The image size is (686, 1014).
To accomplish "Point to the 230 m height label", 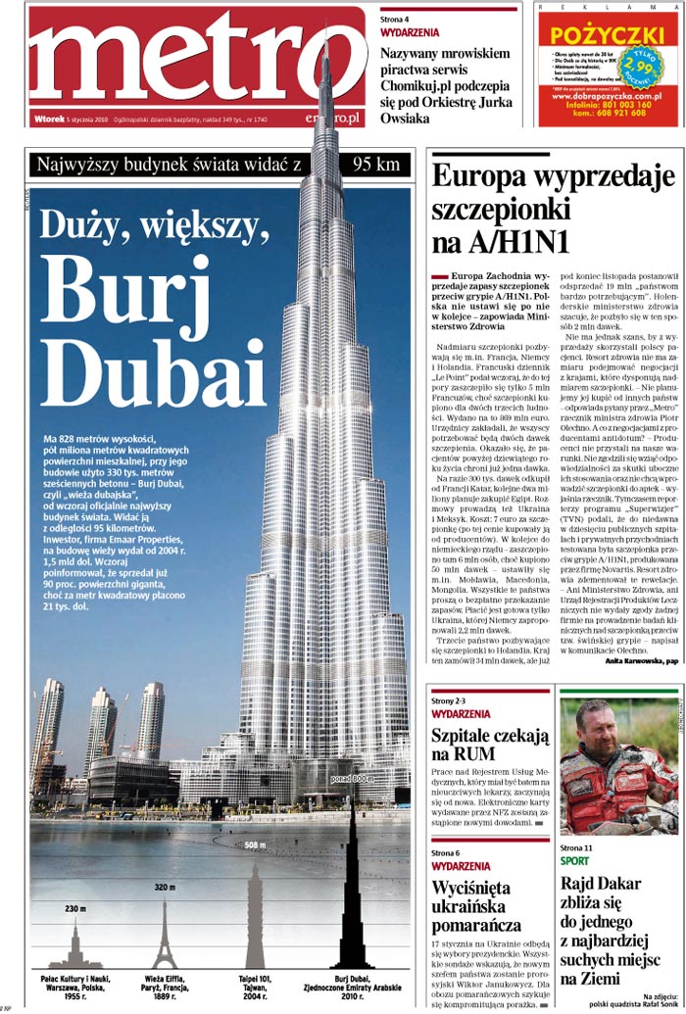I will click(76, 909).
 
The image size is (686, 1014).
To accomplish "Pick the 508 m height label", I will click(255, 845).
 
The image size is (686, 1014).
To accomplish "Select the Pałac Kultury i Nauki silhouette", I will click(76, 945).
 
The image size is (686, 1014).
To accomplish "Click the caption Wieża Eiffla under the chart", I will click(164, 978).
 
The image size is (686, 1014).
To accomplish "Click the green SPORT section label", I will click(574, 861).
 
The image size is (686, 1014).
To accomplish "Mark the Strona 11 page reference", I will click(576, 846).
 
